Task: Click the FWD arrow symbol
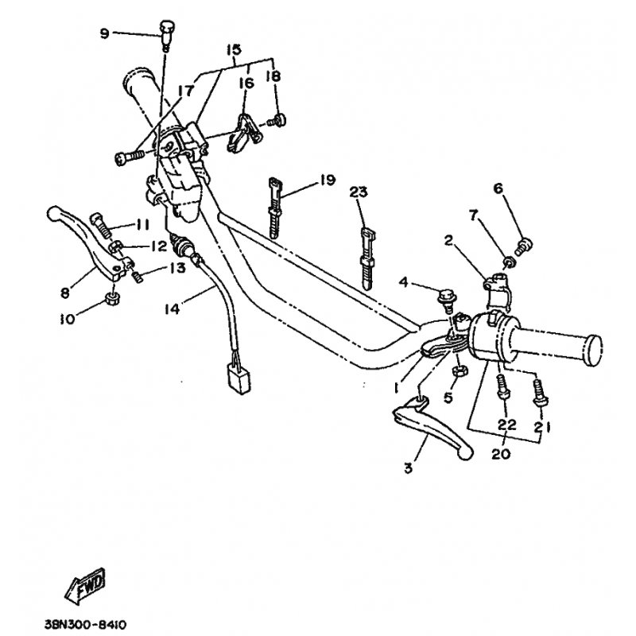(x=85, y=586)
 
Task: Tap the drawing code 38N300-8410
(x=86, y=624)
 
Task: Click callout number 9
(x=105, y=33)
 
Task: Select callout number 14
(x=172, y=309)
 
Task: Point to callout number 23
(x=359, y=192)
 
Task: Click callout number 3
(x=408, y=467)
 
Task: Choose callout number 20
(x=501, y=453)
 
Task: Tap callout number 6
(x=498, y=188)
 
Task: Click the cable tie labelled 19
(x=274, y=207)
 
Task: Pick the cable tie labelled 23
(x=366, y=259)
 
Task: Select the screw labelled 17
(x=129, y=157)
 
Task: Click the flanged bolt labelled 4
(x=447, y=301)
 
